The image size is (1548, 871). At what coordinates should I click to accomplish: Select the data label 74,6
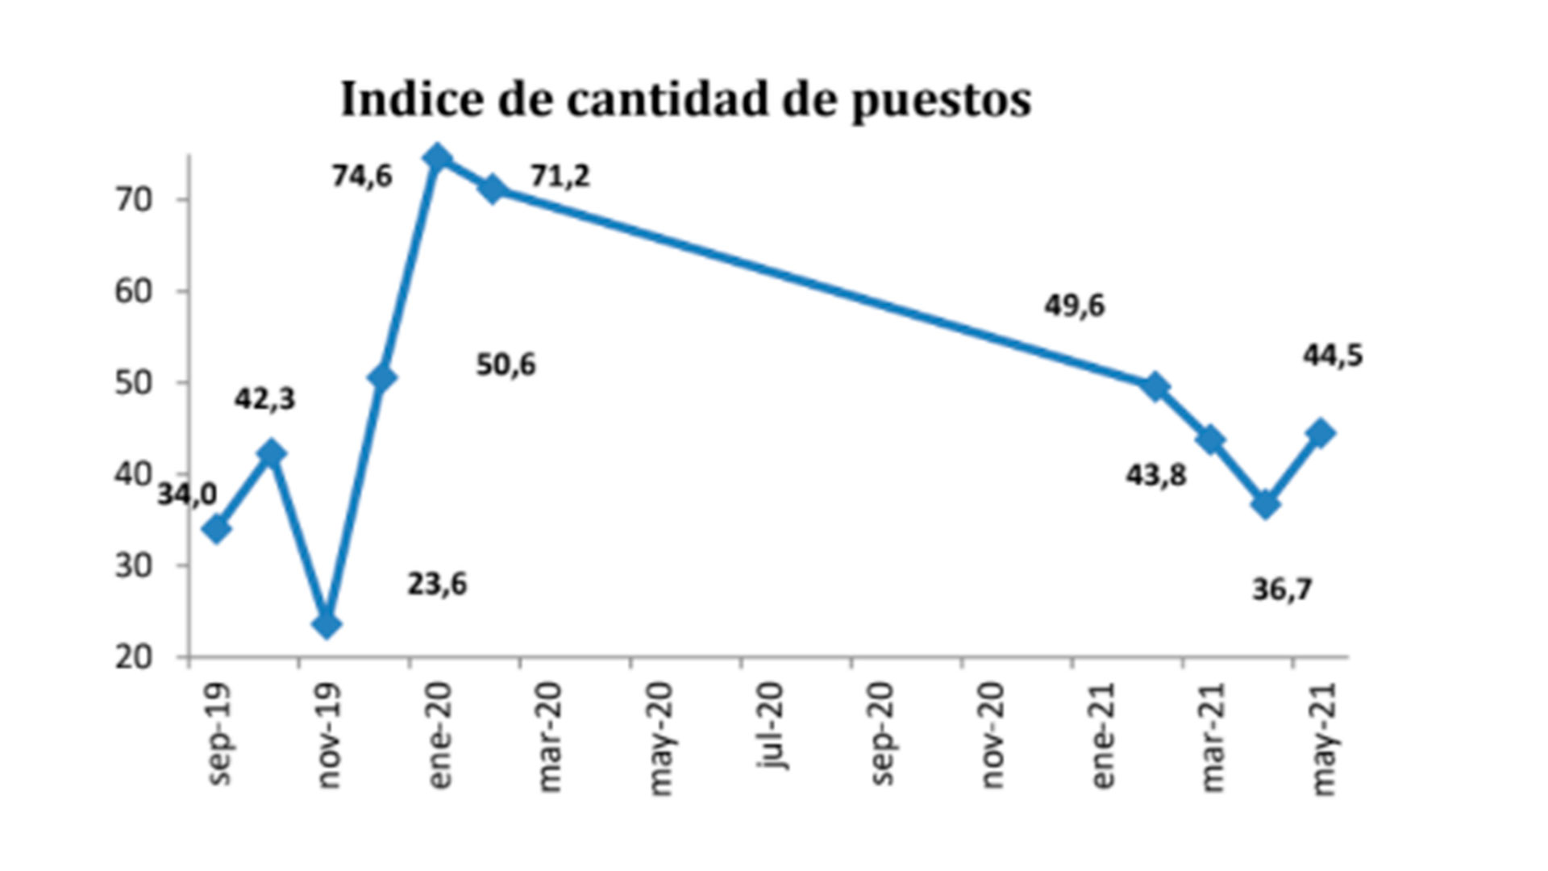point(362,176)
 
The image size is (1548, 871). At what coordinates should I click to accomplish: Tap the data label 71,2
point(560,176)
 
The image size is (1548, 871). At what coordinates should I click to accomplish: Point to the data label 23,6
point(437,584)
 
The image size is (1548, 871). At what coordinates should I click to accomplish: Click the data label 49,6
point(1075,306)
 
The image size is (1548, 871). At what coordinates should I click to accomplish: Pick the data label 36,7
point(1282,590)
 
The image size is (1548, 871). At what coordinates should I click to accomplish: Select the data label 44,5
point(1333,356)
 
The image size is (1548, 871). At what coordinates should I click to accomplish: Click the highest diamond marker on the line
point(437,157)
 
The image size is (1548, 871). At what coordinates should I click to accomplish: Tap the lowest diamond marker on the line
point(327,624)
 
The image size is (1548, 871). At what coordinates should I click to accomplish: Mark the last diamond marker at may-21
point(1321,432)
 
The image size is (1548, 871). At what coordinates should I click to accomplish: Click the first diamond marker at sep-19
point(217,529)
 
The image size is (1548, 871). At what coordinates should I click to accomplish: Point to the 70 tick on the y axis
point(134,200)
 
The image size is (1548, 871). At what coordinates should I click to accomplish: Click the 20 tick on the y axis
point(134,657)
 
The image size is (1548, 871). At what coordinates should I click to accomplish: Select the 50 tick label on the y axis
point(134,383)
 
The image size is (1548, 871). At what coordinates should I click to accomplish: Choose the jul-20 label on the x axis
point(772,726)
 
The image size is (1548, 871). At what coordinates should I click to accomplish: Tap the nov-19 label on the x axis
point(329,736)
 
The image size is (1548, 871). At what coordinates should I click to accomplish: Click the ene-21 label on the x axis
point(1102,736)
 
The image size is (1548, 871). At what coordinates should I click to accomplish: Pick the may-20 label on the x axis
point(660,738)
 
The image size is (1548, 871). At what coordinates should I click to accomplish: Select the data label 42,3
point(264,399)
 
